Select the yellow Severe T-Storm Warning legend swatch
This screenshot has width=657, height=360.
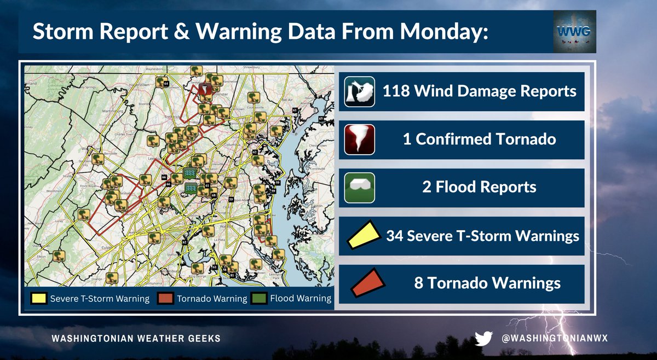38,299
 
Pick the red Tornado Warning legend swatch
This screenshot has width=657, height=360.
166,299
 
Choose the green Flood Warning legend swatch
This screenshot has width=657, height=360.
259,299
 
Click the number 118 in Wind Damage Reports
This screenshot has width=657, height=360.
396,91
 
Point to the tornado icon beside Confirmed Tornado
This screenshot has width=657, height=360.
360,139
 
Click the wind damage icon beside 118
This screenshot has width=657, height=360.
360,91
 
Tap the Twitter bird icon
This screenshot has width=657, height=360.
483,339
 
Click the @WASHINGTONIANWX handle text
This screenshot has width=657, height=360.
555,339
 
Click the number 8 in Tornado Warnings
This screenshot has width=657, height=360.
419,283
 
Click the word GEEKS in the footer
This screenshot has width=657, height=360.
203,339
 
